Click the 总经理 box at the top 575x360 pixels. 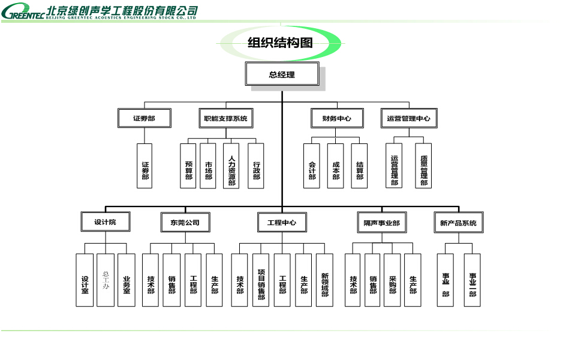(x=282, y=74)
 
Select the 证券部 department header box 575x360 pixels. (x=144, y=118)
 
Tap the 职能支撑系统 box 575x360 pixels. (x=225, y=118)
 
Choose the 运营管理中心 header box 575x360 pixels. (x=409, y=118)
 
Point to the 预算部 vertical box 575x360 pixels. (x=188, y=166)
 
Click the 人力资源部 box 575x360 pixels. (x=231, y=166)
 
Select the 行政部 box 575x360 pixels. (x=256, y=166)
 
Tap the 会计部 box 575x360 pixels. (x=312, y=166)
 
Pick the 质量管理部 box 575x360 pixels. (x=423, y=166)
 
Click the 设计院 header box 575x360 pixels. (x=106, y=222)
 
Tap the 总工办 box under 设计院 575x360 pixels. (x=106, y=280)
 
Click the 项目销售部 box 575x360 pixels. (x=261, y=280)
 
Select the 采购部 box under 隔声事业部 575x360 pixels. (x=392, y=280)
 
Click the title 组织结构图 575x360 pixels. (x=281, y=42)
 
